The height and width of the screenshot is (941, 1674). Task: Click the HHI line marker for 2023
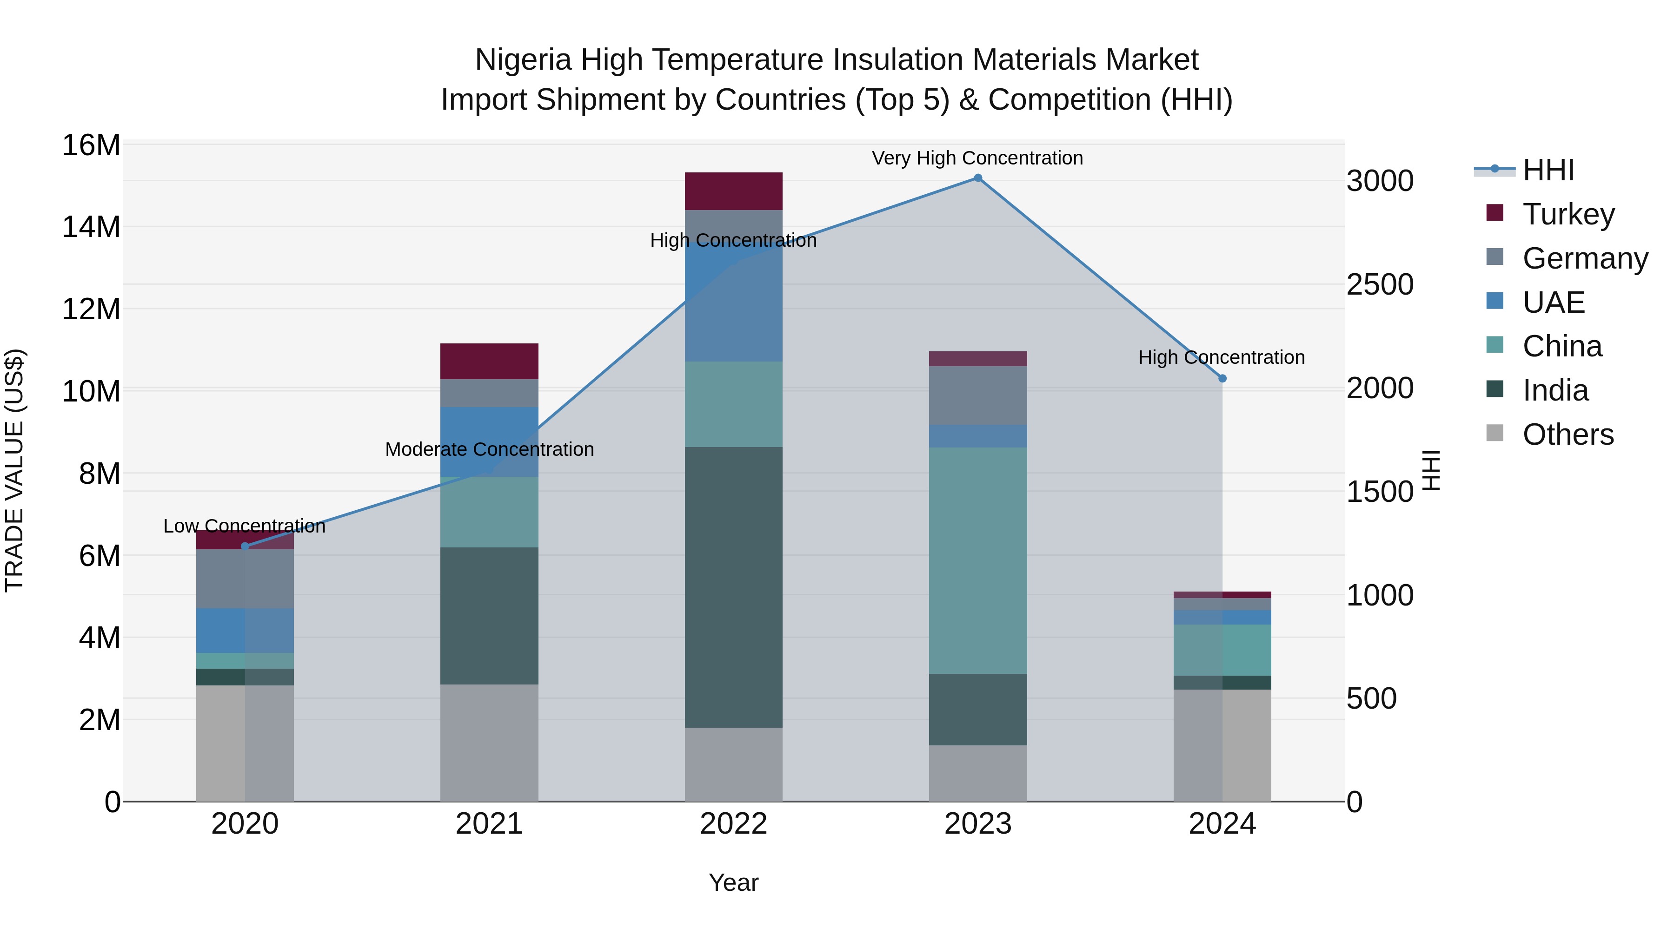pyautogui.click(x=977, y=178)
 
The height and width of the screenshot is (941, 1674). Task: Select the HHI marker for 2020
pyautogui.click(x=245, y=547)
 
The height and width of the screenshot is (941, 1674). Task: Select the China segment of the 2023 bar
pyautogui.click(x=977, y=560)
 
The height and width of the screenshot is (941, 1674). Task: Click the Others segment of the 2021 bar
pyautogui.click(x=489, y=742)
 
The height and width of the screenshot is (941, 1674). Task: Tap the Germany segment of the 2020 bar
pyautogui.click(x=245, y=579)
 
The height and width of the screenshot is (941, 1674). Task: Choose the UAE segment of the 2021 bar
pyautogui.click(x=489, y=441)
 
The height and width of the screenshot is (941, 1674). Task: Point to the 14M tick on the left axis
pyautogui.click(x=91, y=227)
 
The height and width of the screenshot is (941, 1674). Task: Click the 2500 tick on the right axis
pyautogui.click(x=1380, y=284)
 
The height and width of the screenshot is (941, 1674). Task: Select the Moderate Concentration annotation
pyautogui.click(x=489, y=449)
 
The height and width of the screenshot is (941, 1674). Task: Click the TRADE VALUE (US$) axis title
pyautogui.click(x=14, y=470)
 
